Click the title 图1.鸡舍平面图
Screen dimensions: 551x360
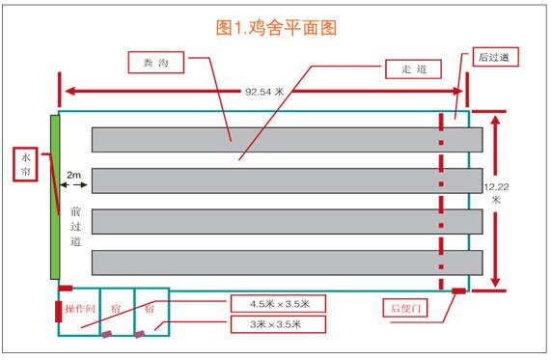tap(276, 28)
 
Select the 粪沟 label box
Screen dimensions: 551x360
tap(156, 63)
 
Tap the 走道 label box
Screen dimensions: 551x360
tap(413, 69)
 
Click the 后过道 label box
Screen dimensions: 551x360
tap(495, 57)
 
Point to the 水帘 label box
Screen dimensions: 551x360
tap(25, 164)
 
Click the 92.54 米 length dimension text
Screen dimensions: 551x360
tap(264, 92)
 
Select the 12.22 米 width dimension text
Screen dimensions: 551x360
tap(496, 193)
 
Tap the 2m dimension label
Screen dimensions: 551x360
tap(73, 175)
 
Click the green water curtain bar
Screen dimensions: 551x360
tap(55, 197)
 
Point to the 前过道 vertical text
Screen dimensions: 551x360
tap(75, 227)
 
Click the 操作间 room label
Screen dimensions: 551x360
tap(80, 309)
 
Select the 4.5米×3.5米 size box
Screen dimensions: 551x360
tap(278, 304)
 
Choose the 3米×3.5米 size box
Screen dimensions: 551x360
tap(278, 324)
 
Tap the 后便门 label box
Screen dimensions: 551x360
tap(405, 308)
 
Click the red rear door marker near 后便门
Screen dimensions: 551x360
tap(458, 291)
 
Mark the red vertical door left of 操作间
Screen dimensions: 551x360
tap(58, 312)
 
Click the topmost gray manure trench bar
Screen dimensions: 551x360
tap(288, 140)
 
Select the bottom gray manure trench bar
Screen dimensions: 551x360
tap(288, 263)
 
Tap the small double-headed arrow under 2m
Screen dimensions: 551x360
tap(73, 185)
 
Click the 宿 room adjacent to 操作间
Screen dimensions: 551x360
tap(117, 312)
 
